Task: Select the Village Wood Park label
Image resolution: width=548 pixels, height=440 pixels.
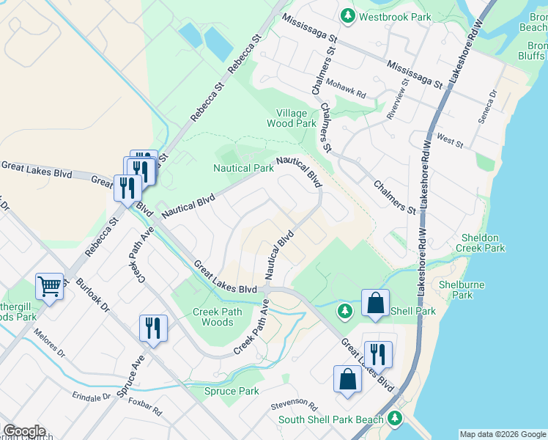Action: click(x=296, y=118)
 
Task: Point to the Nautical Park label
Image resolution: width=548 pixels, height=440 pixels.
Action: click(x=243, y=168)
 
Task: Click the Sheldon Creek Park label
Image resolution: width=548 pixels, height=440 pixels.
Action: click(x=484, y=243)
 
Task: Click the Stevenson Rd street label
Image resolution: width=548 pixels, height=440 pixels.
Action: click(x=293, y=406)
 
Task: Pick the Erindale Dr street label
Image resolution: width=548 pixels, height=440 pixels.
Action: click(x=91, y=396)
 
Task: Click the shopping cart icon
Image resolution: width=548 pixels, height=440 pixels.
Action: click(x=49, y=286)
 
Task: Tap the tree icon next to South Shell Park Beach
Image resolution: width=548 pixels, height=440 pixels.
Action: click(x=396, y=418)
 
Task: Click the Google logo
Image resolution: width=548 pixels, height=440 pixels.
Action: click(x=23, y=430)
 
